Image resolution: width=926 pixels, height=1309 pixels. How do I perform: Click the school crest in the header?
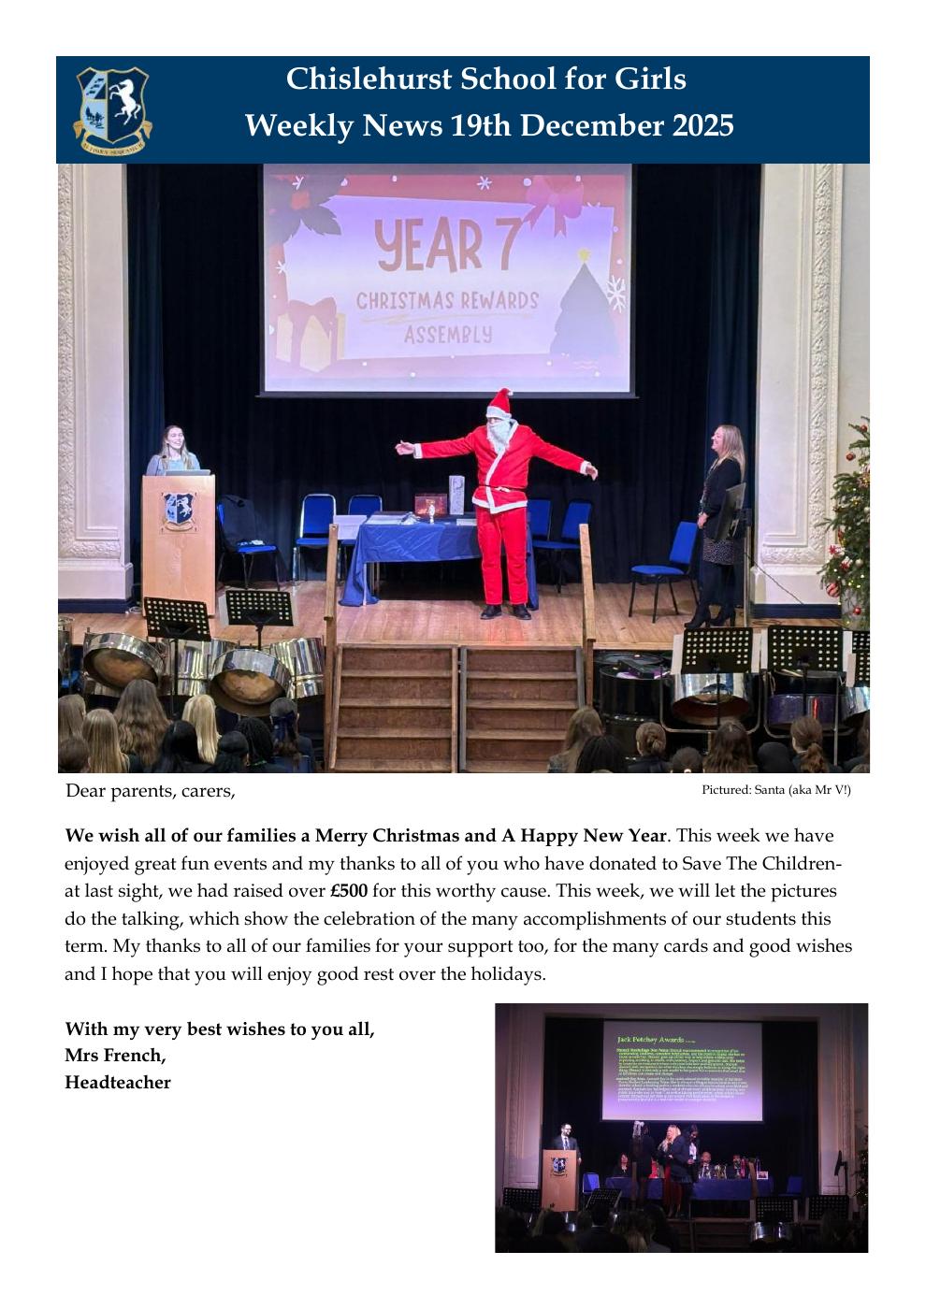tap(112, 109)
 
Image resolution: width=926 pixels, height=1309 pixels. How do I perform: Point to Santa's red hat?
tap(500, 404)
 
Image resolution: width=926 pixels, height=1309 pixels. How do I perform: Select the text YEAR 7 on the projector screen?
tap(429, 246)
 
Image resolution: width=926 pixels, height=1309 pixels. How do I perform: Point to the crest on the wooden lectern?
tap(179, 509)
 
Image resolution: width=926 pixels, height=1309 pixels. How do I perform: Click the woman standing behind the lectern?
tap(173, 451)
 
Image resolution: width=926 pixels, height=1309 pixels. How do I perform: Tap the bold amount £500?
tap(349, 890)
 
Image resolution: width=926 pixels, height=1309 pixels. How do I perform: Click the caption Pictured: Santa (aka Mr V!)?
tap(776, 790)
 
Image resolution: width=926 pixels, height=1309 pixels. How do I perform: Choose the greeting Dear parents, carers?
tap(150, 791)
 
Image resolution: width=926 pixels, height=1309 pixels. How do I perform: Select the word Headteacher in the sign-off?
tap(118, 1083)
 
